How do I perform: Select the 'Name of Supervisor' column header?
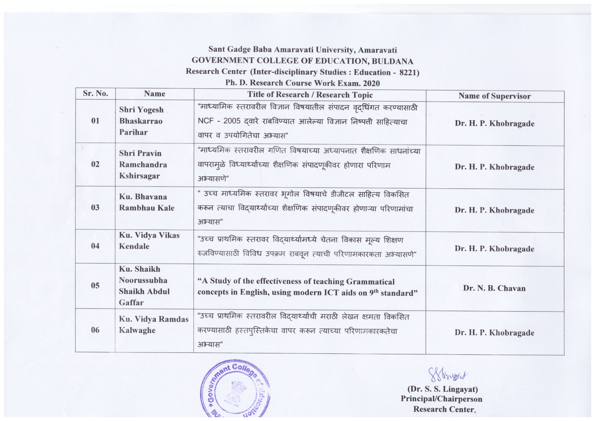tap(494, 96)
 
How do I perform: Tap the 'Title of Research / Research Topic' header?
tap(310, 95)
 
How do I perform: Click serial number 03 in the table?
tap(95, 207)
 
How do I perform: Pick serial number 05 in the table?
tap(95, 285)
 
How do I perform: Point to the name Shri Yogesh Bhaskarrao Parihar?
tap(141, 121)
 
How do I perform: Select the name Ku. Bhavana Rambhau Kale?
tap(146, 202)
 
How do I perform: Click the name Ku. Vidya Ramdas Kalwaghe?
tap(153, 325)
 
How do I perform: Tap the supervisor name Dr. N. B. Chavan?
tap(494, 288)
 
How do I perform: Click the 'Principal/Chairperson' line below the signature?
tap(441, 399)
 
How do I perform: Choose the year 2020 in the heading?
tap(371, 83)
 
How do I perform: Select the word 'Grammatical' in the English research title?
tap(370, 282)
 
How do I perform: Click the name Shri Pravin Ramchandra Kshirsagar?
tap(143, 165)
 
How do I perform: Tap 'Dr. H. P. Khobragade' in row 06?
tap(494, 333)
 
